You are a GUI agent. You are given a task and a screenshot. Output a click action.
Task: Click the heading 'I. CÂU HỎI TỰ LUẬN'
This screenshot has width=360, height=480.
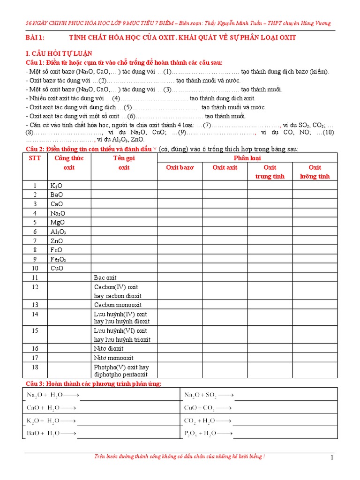[59, 53]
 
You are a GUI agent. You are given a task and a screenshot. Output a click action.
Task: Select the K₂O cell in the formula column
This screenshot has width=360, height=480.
[56, 186]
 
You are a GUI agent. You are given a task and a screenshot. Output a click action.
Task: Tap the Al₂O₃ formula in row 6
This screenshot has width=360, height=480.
[58, 232]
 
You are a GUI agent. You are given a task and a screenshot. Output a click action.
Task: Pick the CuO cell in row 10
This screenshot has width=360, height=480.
[57, 269]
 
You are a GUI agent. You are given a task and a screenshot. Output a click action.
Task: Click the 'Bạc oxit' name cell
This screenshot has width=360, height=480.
[105, 277]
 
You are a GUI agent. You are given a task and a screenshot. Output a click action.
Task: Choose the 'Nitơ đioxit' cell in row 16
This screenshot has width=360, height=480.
[109, 348]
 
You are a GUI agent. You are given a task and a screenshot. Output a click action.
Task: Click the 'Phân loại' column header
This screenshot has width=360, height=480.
[247, 158]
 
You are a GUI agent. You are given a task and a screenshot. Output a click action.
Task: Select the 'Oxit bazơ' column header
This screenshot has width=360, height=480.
[180, 167]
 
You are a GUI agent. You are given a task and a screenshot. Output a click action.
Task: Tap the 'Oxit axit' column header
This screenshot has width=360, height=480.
[225, 167]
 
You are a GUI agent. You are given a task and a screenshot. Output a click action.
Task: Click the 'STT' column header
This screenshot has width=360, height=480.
[35, 158]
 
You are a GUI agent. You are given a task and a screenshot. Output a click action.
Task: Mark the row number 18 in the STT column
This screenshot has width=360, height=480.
[35, 367]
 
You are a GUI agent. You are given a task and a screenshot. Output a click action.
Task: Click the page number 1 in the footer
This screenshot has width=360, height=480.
[332, 458]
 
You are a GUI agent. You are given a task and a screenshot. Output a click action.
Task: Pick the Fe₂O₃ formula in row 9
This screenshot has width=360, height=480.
[58, 259]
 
